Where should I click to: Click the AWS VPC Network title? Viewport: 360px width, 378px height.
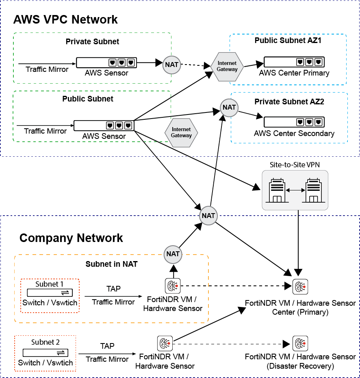point(65,19)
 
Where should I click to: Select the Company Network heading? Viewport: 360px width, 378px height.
point(71,238)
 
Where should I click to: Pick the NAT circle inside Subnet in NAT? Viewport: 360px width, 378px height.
point(173,254)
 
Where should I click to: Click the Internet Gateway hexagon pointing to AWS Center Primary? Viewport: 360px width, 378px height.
point(227,66)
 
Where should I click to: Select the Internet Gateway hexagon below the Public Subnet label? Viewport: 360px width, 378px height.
point(181,132)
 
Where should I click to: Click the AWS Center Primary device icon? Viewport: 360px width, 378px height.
point(294,62)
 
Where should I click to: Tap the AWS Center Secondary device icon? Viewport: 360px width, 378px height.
point(294,122)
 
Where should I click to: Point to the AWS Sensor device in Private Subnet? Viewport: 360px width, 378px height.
point(106,63)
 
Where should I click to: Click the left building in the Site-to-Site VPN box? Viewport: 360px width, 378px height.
point(276,190)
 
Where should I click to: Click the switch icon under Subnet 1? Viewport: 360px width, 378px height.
point(50,292)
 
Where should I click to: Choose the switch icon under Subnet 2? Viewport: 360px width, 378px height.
point(45,352)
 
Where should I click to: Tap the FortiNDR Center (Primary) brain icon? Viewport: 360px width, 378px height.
point(299,287)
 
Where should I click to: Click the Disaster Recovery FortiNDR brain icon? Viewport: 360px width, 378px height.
point(299,344)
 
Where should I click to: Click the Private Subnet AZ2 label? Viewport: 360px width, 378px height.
point(289,102)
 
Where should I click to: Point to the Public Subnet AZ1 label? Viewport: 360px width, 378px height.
point(288,40)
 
